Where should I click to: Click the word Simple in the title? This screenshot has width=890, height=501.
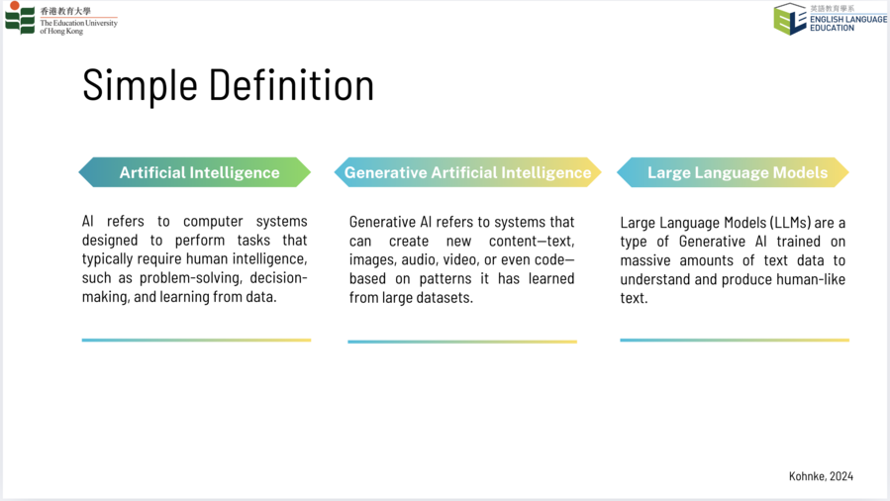click(140, 85)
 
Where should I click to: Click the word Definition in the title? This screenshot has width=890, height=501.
click(292, 84)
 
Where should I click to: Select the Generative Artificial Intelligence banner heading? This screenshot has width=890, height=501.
click(467, 172)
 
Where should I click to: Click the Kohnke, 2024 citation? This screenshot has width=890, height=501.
click(821, 476)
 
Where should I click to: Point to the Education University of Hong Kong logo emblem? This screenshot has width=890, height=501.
click(20, 18)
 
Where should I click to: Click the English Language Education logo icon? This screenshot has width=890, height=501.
click(790, 19)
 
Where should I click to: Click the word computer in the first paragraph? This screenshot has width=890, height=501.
click(213, 221)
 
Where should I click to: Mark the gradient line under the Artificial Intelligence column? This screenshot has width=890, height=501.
click(196, 341)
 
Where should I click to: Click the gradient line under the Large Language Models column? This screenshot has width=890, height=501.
click(735, 341)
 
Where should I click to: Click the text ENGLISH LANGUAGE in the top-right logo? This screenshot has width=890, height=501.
click(848, 19)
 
